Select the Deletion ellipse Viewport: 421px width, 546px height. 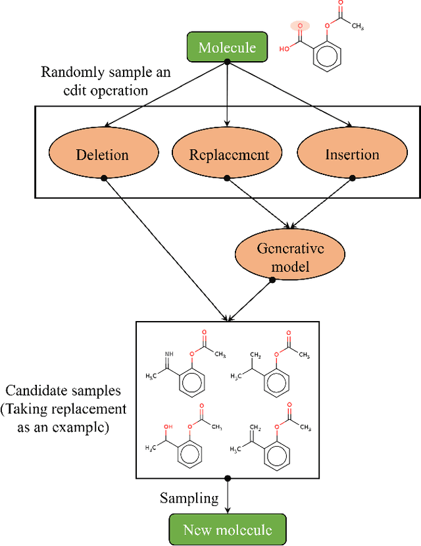(x=102, y=155)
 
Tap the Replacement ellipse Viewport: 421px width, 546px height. (x=228, y=155)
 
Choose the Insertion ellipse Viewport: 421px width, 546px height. (x=352, y=155)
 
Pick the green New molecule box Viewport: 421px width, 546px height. (x=227, y=530)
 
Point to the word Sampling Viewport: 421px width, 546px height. (x=189, y=498)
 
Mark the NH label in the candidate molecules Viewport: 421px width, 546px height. (x=169, y=354)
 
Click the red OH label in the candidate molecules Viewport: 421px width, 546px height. (x=168, y=428)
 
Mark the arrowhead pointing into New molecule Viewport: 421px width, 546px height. (x=227, y=511)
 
